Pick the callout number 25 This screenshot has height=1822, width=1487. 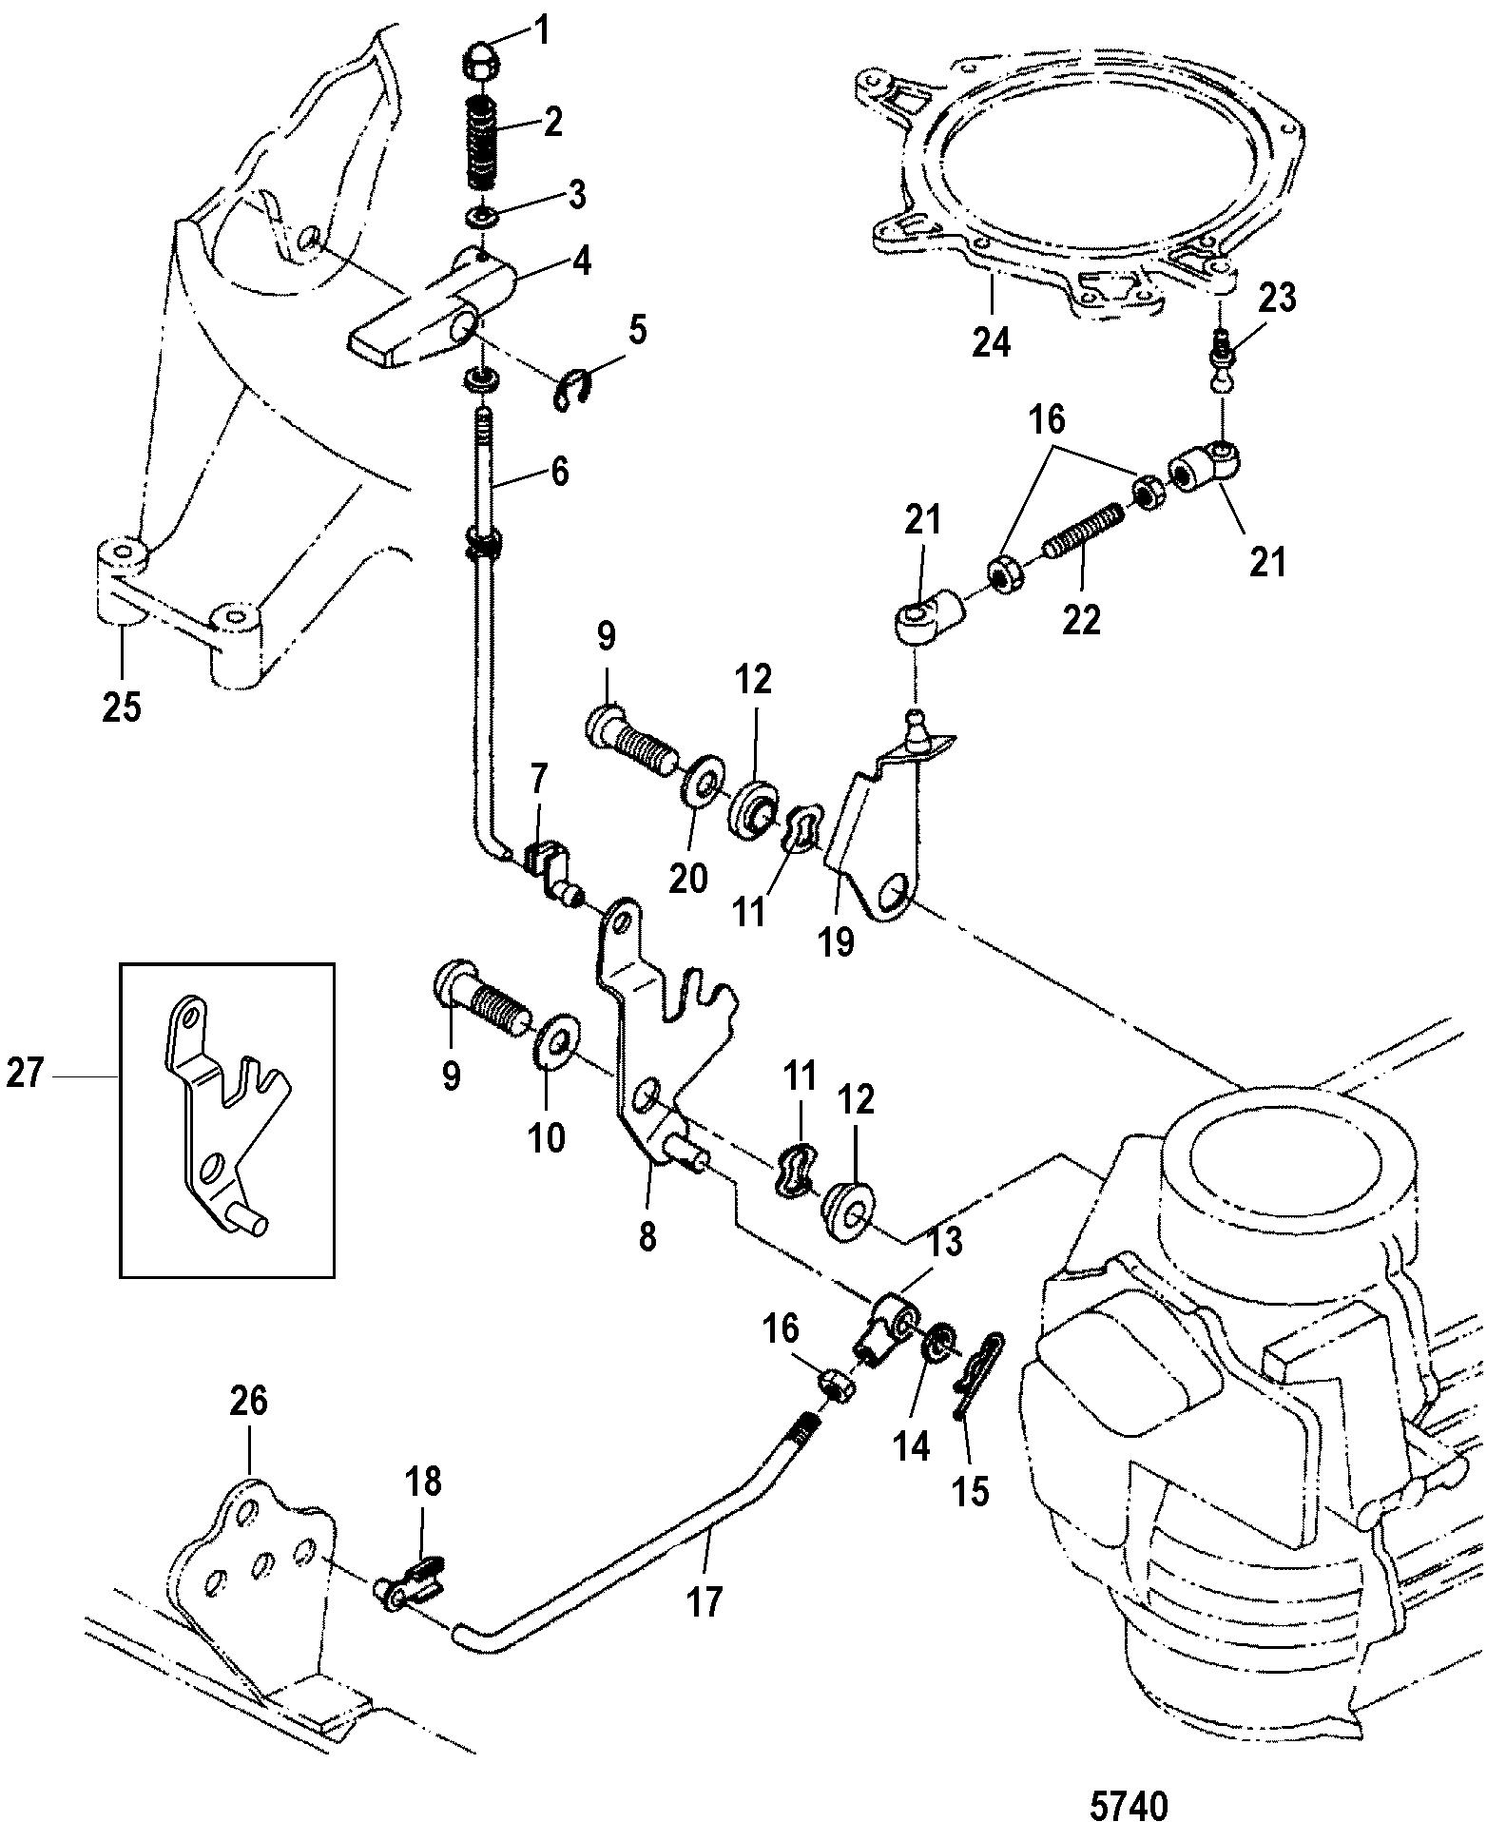pyautogui.click(x=123, y=706)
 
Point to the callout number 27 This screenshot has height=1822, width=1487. pyautogui.click(x=25, y=1074)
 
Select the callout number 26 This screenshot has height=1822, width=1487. pyautogui.click(x=248, y=1402)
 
